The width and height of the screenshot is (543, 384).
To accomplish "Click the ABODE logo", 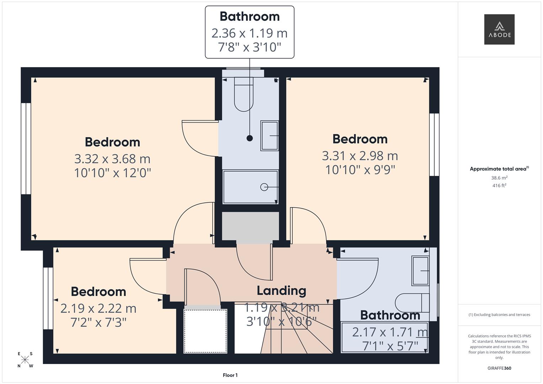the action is pyautogui.click(x=499, y=29).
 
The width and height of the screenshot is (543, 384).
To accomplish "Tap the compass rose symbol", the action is pyautogui.click(x=25, y=360).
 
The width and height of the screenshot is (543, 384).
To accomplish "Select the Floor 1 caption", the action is pyautogui.click(x=230, y=375).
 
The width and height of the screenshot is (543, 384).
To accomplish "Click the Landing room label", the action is pyautogui.click(x=281, y=291).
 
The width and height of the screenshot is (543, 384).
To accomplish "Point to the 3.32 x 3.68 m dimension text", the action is pyautogui.click(x=112, y=159).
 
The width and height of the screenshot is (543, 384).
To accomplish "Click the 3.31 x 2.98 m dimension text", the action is pyautogui.click(x=360, y=156).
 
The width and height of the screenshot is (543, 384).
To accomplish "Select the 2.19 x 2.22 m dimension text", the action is pyautogui.click(x=99, y=308).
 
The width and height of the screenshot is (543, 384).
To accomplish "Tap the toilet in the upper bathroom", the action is pyautogui.click(x=244, y=94).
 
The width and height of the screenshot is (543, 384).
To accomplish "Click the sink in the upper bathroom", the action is pyautogui.click(x=270, y=136).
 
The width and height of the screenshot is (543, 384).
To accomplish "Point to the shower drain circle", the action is pyautogui.click(x=264, y=187).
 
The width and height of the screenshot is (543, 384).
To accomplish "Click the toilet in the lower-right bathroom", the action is pyautogui.click(x=412, y=303).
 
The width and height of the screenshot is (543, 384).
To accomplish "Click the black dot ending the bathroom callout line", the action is pyautogui.click(x=250, y=138).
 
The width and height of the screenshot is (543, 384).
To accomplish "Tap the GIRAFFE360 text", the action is pyautogui.click(x=499, y=368).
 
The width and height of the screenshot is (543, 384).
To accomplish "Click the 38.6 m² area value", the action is pyautogui.click(x=499, y=178).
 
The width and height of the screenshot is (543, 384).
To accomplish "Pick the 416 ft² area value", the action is pyautogui.click(x=499, y=186).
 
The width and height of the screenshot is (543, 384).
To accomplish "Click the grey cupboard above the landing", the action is pyautogui.click(x=250, y=226).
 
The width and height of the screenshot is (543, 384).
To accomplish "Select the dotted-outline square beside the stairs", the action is pyautogui.click(x=206, y=331).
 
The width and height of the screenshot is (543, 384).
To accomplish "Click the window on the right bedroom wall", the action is pyautogui.click(x=434, y=145).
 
